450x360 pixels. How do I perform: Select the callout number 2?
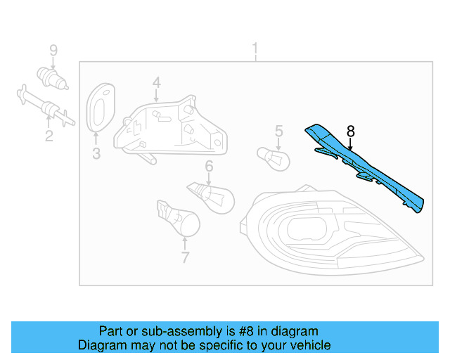[x=49, y=135]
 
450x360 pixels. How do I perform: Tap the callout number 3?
[x=96, y=153]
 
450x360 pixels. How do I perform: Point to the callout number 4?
[x=156, y=83]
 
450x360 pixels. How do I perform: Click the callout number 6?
[x=209, y=166]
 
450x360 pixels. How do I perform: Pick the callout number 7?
[x=185, y=257]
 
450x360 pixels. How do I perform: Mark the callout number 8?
[x=351, y=131]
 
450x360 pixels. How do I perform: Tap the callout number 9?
[x=52, y=50]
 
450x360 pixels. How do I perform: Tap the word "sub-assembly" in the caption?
[x=174, y=331]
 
